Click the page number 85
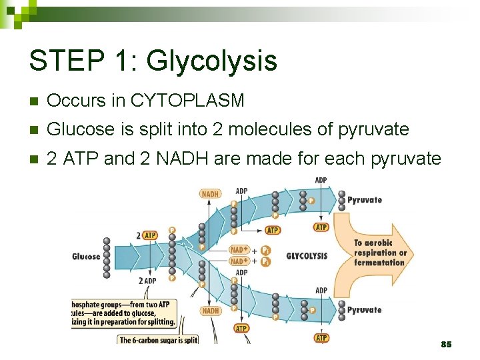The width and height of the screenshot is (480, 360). click(446, 344)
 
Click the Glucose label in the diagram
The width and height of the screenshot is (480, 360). click(86, 257)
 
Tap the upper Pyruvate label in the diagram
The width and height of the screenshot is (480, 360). click(365, 199)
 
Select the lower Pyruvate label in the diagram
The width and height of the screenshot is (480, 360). click(365, 310)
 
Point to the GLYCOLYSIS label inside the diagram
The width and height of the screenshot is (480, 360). click(307, 255)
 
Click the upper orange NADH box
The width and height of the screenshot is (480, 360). click(211, 194)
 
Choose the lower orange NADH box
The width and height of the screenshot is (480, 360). click(211, 311)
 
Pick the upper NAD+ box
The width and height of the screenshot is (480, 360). click(238, 250)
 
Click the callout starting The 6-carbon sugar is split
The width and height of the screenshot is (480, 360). click(158, 339)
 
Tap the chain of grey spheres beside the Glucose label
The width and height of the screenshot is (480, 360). click(107, 257)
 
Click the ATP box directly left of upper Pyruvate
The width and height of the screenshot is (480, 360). click(321, 227)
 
